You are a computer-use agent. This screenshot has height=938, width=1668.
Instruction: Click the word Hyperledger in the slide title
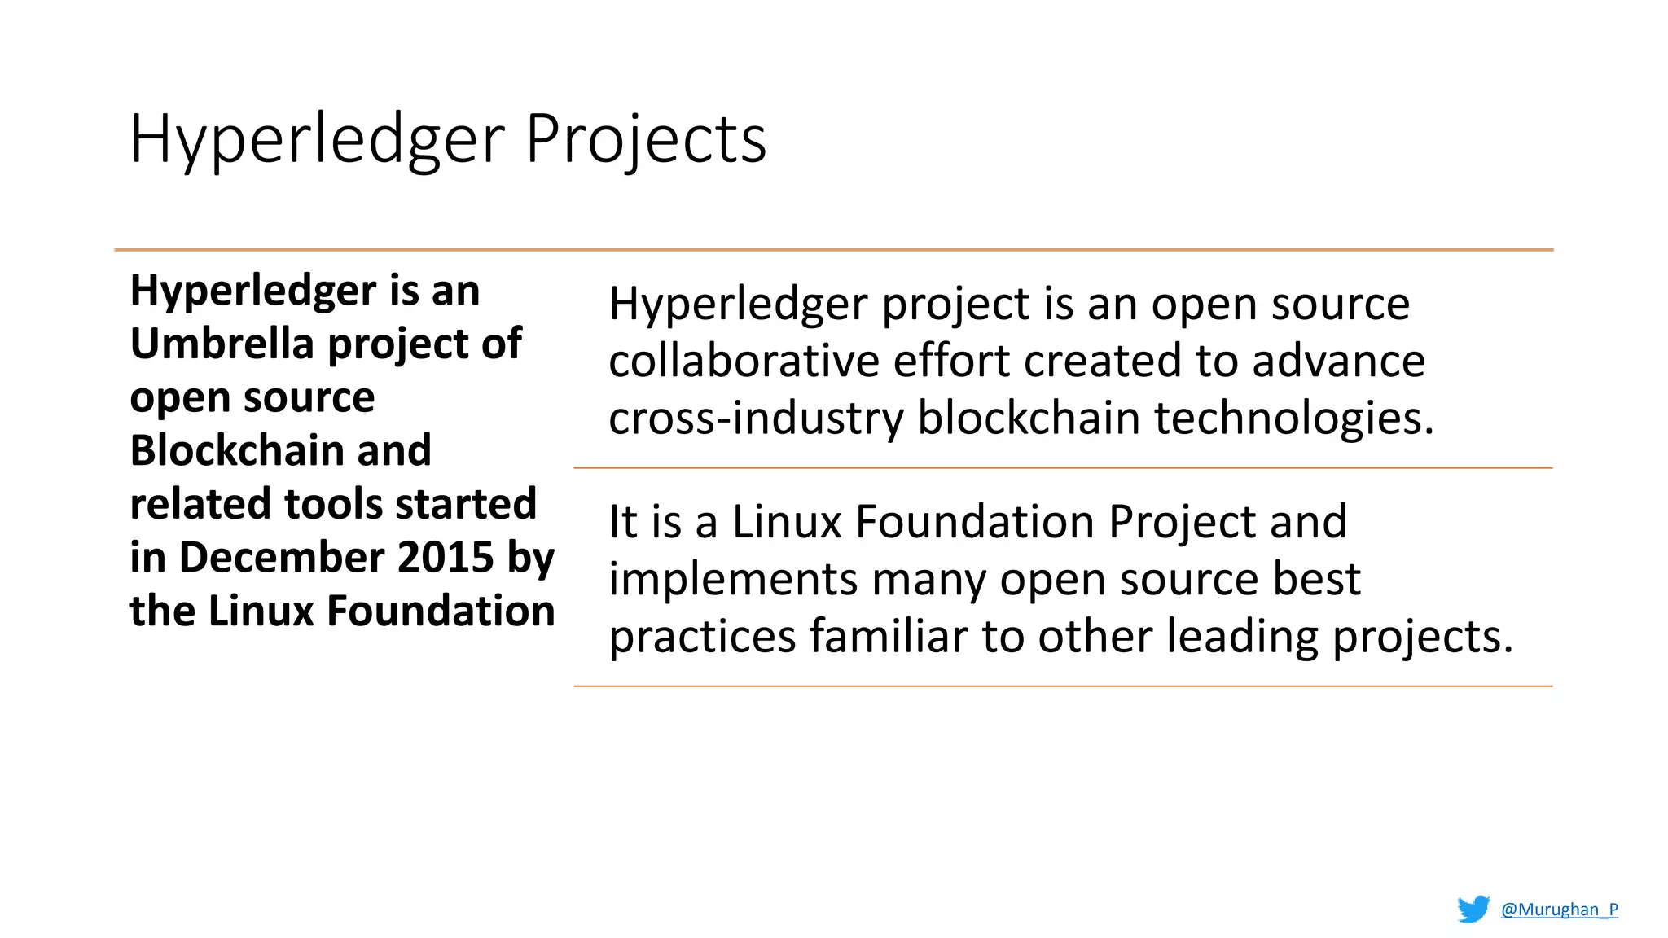(x=317, y=140)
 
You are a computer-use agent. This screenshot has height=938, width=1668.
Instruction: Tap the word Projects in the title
(x=645, y=140)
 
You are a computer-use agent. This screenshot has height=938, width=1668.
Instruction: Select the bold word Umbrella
(x=222, y=344)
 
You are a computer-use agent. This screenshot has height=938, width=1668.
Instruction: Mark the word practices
(x=703, y=637)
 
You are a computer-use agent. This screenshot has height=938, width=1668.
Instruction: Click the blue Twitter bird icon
(x=1473, y=909)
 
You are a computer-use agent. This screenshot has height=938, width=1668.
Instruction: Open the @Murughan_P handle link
(x=1560, y=910)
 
